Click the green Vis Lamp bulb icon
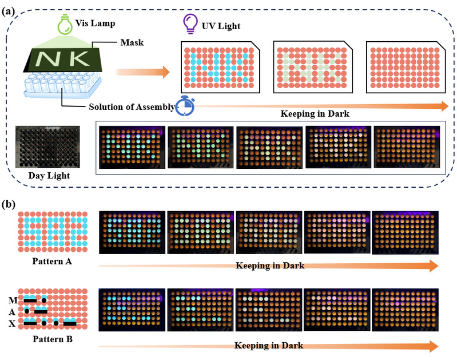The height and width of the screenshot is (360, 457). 65,25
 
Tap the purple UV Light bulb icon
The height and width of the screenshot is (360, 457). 190,24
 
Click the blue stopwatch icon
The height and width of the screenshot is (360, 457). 185,105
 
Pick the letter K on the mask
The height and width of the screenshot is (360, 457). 78,58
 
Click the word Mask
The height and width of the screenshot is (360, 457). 132,42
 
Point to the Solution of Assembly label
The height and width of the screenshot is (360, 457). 132,107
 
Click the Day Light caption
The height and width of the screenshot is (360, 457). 49,176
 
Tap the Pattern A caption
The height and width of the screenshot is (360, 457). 52,261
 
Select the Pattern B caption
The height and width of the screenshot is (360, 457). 53,339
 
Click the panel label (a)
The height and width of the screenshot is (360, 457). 8,11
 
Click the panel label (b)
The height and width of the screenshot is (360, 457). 9,204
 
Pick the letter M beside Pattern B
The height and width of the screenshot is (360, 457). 13,300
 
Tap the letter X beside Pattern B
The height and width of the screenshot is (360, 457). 12,323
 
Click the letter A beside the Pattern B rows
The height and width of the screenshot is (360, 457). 12,312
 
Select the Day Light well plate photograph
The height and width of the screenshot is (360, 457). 47,147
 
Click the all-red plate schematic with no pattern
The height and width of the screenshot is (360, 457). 406,67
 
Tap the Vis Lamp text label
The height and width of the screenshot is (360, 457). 96,23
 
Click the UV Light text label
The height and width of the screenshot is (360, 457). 221,26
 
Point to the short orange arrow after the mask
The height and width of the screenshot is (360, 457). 142,72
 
